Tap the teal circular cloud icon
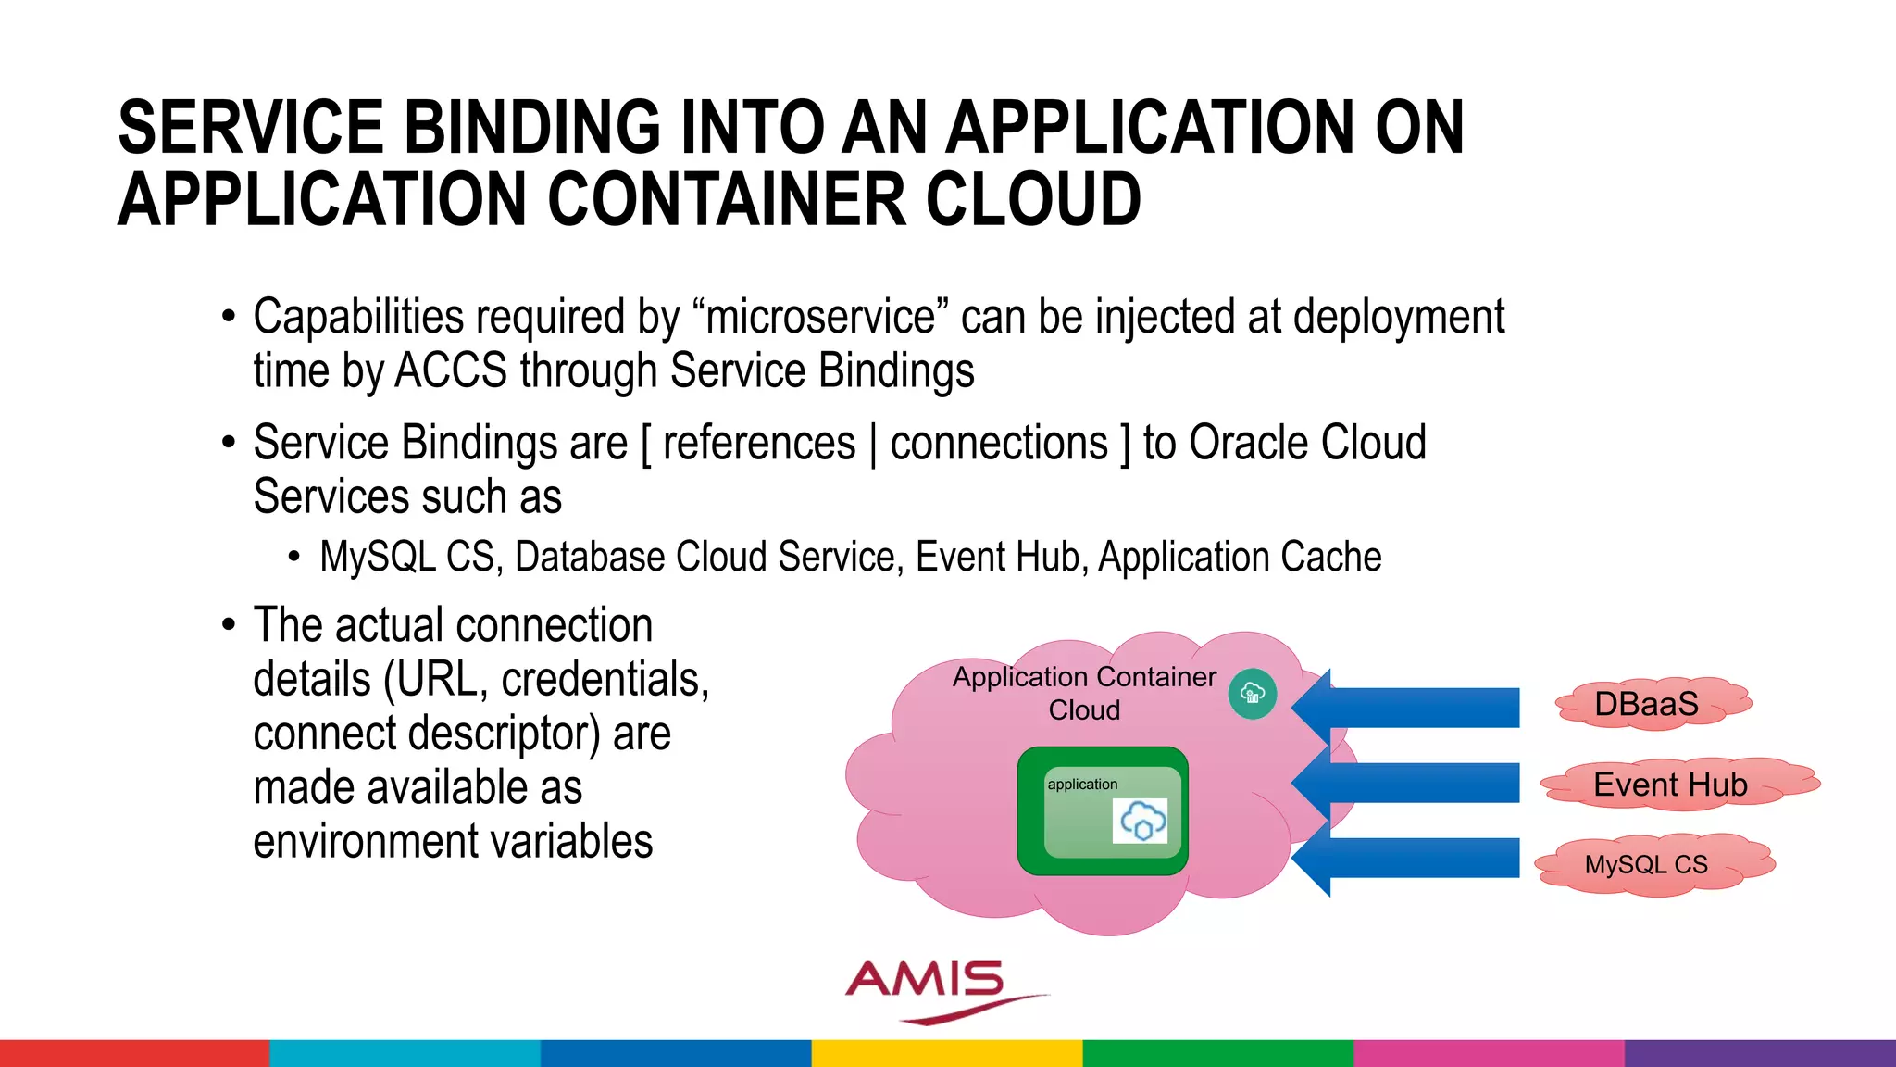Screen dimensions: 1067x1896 (x=1253, y=693)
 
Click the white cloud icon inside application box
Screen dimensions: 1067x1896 (x=1141, y=821)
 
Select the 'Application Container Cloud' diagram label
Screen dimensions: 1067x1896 (x=1084, y=693)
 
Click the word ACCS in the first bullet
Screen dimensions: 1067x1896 (x=451, y=370)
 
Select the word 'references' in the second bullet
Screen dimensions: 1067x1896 (x=759, y=443)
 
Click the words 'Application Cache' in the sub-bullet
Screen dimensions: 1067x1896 (x=1240, y=557)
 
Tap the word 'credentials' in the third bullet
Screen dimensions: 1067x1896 (x=601, y=679)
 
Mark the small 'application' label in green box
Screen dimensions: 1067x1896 (x=1082, y=784)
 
